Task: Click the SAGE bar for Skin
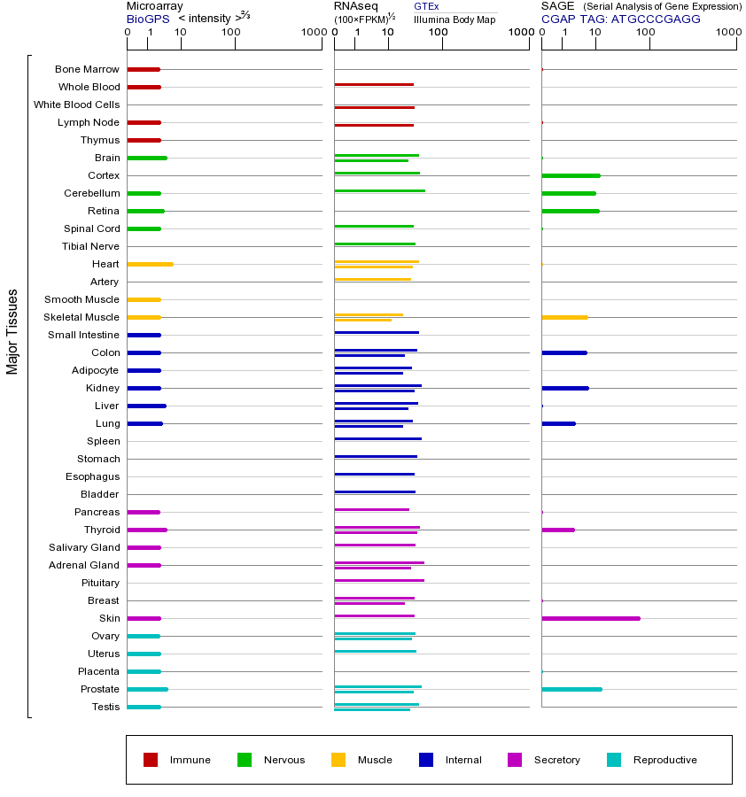590,618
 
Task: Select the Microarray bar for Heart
150,264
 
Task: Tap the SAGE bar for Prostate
571,689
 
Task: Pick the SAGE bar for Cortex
571,175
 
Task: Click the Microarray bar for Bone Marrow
144,69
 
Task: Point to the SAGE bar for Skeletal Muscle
564,317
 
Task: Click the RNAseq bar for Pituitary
379,580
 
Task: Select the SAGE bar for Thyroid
558,530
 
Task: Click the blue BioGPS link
147,19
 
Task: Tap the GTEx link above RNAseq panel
426,7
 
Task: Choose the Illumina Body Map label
455,19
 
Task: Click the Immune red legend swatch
151,760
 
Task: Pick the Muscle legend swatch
338,760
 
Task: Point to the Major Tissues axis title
12,331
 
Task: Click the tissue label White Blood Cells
76,104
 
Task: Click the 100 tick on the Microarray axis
231,33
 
